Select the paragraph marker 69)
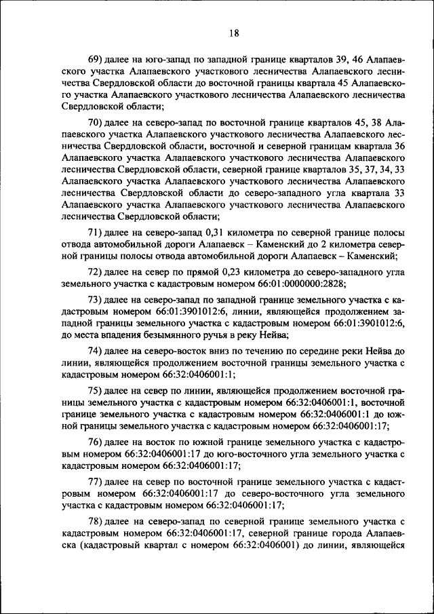click(97, 62)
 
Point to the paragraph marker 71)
click(97, 232)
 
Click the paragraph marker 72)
click(97, 271)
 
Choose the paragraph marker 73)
click(97, 300)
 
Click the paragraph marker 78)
click(97, 522)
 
